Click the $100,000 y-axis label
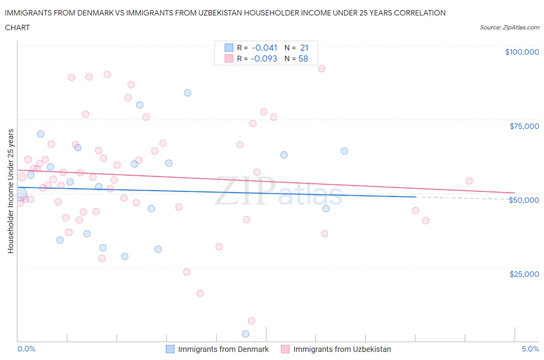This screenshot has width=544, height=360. (x=522, y=52)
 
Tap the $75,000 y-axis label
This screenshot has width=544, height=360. (x=524, y=126)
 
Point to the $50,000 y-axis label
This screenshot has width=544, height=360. (x=524, y=200)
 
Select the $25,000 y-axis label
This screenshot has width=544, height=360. (x=524, y=274)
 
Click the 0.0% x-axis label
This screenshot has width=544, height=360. (x=26, y=349)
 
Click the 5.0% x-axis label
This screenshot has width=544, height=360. (x=530, y=349)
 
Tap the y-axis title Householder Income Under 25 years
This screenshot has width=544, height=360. (x=10, y=191)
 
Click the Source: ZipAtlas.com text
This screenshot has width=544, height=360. (x=509, y=27)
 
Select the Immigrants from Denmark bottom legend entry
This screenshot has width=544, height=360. (x=217, y=349)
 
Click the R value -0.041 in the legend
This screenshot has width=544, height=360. (x=264, y=48)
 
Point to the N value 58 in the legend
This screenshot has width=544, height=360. (x=303, y=58)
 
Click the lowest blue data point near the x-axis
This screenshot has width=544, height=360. (x=246, y=334)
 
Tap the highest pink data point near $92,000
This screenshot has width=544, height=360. (x=322, y=69)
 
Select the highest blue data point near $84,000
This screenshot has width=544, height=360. (x=188, y=93)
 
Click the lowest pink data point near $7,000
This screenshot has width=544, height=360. (x=251, y=321)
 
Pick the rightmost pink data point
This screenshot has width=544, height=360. (x=469, y=181)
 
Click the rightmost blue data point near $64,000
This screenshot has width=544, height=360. (x=344, y=151)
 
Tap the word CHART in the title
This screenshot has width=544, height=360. (x=17, y=27)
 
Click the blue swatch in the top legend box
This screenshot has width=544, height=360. (x=229, y=48)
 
